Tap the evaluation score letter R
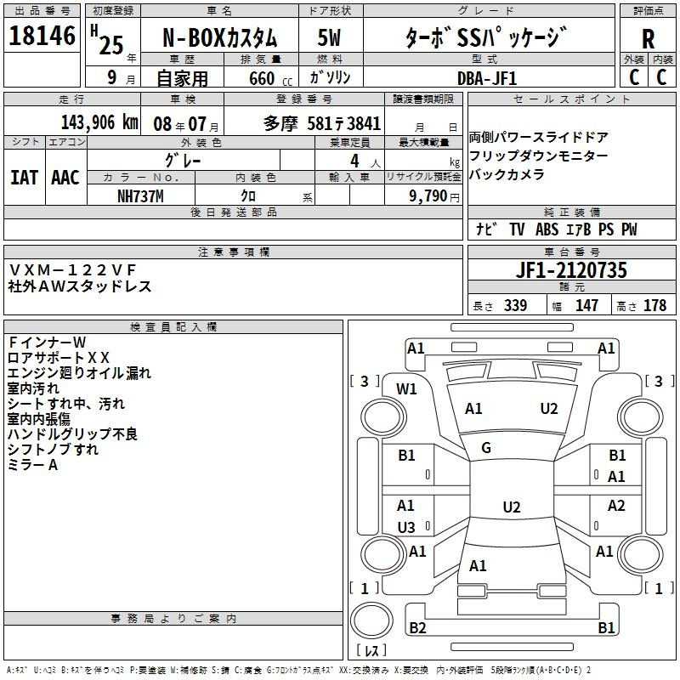(x=648, y=40)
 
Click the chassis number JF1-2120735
(x=571, y=271)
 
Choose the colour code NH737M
(x=141, y=195)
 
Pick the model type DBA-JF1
(x=486, y=78)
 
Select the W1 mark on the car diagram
(x=407, y=389)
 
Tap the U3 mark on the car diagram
(x=406, y=527)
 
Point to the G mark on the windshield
(x=486, y=448)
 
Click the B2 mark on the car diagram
(x=417, y=628)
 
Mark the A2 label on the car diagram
(x=616, y=506)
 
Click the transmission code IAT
(x=24, y=178)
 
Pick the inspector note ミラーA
(x=32, y=465)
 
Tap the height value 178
(x=654, y=306)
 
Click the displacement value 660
(x=261, y=79)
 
